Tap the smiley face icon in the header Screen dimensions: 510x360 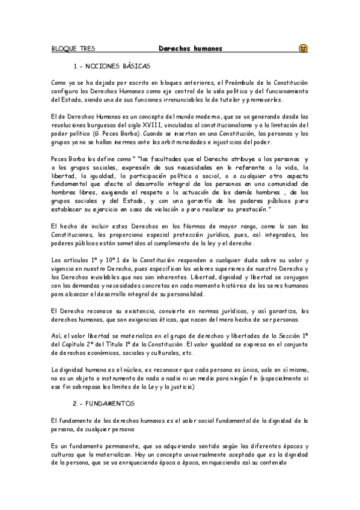(x=303, y=48)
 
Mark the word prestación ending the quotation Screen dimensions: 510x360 (x=252, y=209)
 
